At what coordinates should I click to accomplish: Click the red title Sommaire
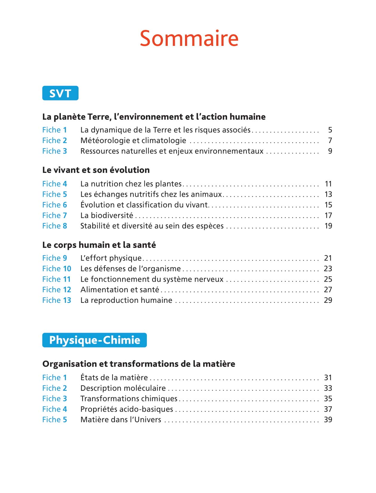pos(189,38)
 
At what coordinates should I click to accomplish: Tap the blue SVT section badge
pos(60,93)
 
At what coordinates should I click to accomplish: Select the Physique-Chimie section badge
pos(94,340)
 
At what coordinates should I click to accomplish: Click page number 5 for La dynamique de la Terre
pos(330,130)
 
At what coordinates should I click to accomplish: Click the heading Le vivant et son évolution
pos(96,170)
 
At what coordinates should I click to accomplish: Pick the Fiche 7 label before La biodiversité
pos(54,215)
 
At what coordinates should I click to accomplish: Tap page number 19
pos(328,226)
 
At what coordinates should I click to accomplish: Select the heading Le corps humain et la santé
pos(99,245)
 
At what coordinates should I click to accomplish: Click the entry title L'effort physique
pos(111,258)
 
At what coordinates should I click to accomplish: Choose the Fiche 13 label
pos(57,300)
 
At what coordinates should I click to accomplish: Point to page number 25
pos(328,279)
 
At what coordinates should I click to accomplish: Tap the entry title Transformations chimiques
pos(129,399)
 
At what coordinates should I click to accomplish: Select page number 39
pos(328,420)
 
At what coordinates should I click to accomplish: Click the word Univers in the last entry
pos(148,420)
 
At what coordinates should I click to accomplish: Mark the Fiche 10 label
pos(57,269)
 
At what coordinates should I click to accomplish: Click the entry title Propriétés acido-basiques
pos(127,409)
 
